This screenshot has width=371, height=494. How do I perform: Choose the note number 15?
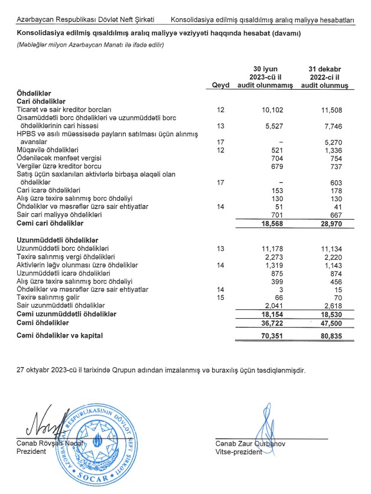(221, 297)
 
